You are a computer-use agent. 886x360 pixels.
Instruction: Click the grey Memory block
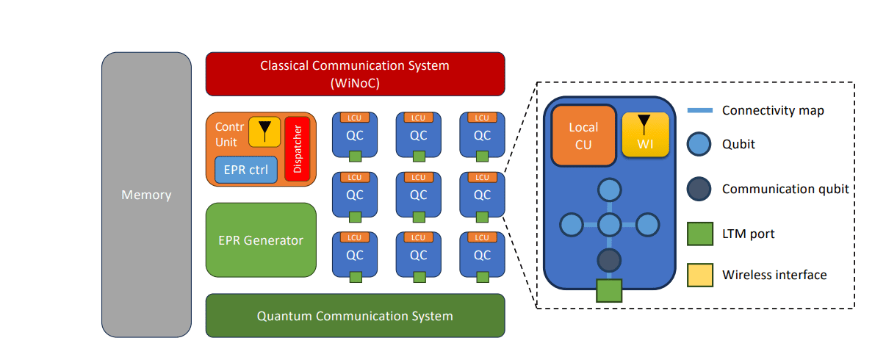(x=146, y=195)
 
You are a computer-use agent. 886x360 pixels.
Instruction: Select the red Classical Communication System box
(x=355, y=73)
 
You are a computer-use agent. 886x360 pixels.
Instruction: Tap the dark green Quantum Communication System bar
(x=355, y=316)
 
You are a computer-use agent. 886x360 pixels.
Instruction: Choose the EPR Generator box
(x=261, y=240)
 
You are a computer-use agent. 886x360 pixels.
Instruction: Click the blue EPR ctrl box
(x=246, y=170)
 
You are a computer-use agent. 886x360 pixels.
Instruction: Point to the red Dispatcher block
(x=298, y=149)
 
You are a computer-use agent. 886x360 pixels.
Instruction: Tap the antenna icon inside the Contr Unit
(x=264, y=131)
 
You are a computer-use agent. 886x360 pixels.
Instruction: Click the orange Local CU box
(x=583, y=135)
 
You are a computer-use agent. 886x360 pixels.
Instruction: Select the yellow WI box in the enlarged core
(x=645, y=134)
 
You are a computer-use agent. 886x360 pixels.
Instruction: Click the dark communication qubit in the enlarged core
(x=609, y=261)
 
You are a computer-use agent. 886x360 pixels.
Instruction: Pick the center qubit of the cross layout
(x=609, y=225)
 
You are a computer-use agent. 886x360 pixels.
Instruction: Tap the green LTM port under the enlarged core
(x=609, y=291)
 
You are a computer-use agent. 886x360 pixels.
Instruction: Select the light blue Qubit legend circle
(x=699, y=145)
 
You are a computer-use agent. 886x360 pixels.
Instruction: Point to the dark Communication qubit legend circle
(x=699, y=189)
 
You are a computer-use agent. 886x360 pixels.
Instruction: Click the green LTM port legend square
(x=699, y=234)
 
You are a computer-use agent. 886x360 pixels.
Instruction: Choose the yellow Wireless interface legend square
(x=699, y=275)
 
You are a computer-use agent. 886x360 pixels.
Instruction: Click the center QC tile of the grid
(x=418, y=195)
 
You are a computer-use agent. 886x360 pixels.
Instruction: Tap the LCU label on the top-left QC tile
(x=355, y=118)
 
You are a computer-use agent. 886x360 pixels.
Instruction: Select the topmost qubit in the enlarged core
(x=609, y=190)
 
